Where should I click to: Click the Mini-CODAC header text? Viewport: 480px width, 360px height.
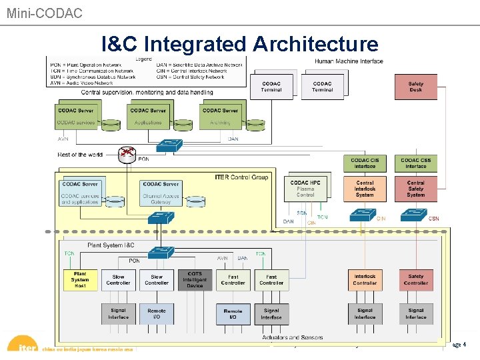point(45,13)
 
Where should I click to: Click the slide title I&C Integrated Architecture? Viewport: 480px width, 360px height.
point(240,44)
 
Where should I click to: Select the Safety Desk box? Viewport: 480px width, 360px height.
point(415,87)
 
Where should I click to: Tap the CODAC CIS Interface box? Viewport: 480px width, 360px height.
point(365,163)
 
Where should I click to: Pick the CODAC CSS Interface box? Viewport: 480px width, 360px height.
point(415,163)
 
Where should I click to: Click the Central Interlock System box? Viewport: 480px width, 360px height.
point(365,189)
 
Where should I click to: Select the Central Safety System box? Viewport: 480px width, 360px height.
point(415,189)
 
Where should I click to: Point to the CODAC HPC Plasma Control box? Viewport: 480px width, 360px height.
point(305,188)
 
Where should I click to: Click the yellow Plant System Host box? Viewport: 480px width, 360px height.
point(80,280)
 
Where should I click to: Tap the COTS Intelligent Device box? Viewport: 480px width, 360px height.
point(195,280)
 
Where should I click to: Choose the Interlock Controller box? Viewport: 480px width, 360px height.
point(365,280)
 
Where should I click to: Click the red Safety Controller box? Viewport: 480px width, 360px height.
point(415,280)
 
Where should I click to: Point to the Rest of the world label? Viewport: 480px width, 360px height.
point(80,155)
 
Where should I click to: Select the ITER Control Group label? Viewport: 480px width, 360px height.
point(241,177)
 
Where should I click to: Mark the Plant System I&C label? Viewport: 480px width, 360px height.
point(111,245)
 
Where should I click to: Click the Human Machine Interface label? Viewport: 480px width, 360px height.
point(349,61)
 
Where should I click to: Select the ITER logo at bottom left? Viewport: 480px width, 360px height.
point(23,345)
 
